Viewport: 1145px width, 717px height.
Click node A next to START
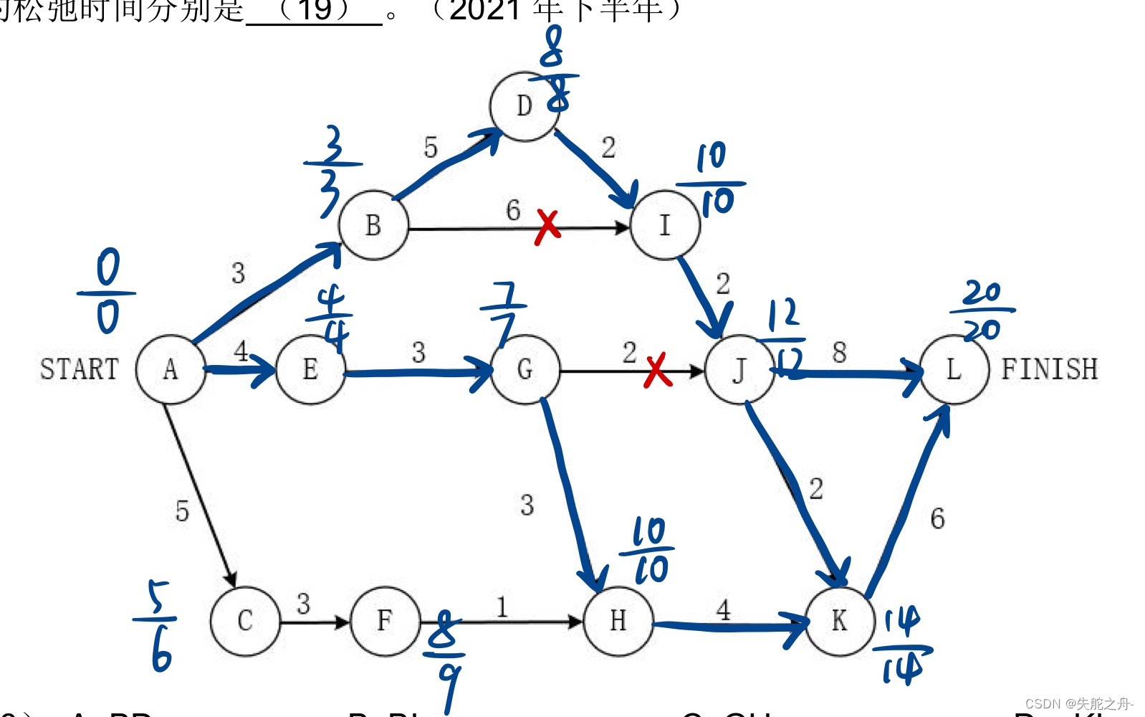click(x=171, y=369)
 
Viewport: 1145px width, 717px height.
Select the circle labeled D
click(x=524, y=106)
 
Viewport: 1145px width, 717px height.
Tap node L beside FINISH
click(x=954, y=369)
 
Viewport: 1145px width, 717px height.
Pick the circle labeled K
click(x=840, y=621)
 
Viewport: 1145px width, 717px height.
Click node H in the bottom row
click(x=618, y=621)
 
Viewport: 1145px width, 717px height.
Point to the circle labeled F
click(x=385, y=621)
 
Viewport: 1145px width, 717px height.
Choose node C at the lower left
click(x=245, y=621)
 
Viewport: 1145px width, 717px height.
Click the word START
click(x=79, y=369)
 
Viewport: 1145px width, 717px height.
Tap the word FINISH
click(x=1049, y=369)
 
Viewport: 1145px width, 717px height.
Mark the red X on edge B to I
click(x=547, y=227)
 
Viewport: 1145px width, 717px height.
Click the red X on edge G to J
click(x=657, y=370)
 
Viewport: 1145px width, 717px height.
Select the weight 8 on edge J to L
click(x=839, y=353)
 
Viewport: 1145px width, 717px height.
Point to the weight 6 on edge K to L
click(x=937, y=518)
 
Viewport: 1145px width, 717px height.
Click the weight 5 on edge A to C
click(x=182, y=511)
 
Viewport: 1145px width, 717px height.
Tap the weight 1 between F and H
click(x=502, y=607)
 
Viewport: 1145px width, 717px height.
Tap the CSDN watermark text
click(x=1079, y=704)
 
